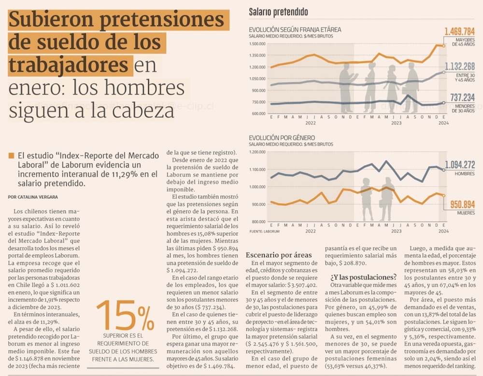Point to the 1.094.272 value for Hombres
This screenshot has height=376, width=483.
(x=460, y=164)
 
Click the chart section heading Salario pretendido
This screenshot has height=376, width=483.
(x=278, y=12)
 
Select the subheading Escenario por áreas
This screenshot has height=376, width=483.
(x=279, y=255)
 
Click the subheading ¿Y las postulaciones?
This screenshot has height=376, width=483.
(x=363, y=277)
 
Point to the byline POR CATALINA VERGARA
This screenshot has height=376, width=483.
(x=33, y=197)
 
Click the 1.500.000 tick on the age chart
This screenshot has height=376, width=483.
(x=258, y=44)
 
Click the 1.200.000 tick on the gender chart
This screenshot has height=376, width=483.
(x=258, y=152)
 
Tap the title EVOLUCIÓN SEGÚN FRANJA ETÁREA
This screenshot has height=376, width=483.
(x=295, y=29)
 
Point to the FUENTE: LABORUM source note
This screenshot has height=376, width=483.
(x=265, y=232)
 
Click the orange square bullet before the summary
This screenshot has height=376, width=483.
(x=11, y=156)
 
